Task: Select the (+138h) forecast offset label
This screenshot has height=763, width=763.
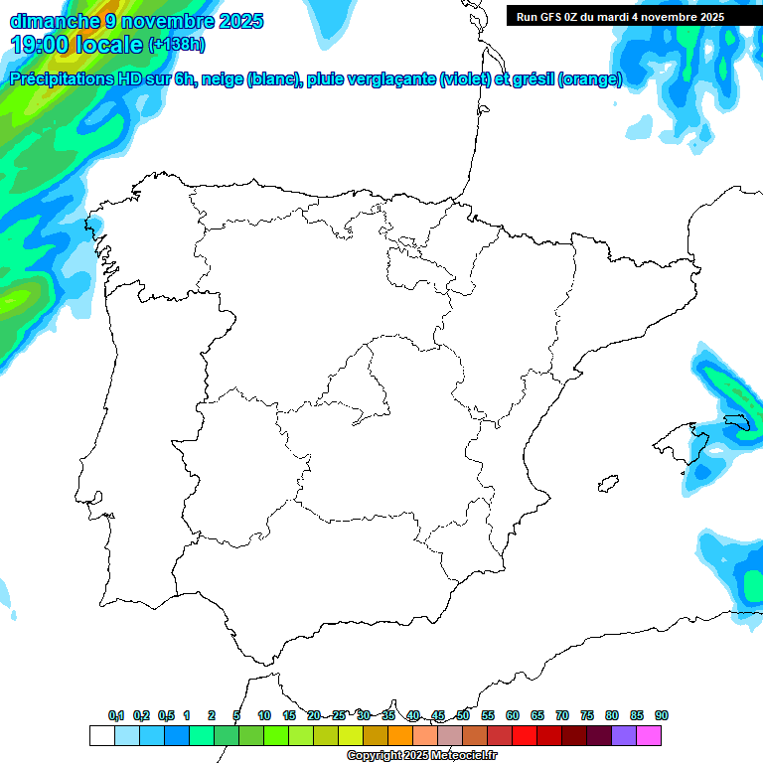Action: point(179,45)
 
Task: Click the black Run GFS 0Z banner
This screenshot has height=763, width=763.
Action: point(620,16)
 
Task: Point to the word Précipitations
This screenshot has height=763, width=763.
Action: point(60,79)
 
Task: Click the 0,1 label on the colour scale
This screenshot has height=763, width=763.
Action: point(116,715)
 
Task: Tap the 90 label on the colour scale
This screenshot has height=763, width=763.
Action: point(662,715)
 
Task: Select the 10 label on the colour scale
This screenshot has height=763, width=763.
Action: point(264,715)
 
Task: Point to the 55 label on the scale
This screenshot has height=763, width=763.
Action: point(488,715)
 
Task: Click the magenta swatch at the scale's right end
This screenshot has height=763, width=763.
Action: point(649,735)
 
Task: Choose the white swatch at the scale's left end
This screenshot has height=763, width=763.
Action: point(101,735)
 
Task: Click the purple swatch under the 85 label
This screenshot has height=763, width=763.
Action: point(624,735)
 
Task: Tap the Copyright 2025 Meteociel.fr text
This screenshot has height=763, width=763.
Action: point(421,756)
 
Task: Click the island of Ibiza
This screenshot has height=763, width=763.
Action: point(603,484)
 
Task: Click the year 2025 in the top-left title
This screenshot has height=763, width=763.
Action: point(236,21)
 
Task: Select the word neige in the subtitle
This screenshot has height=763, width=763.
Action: point(221,79)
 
